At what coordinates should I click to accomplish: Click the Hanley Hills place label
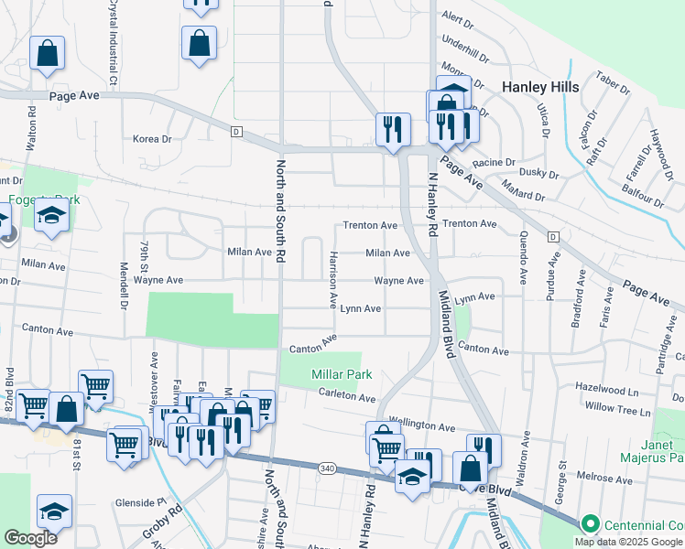[540, 87]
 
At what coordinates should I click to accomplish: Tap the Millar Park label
[341, 375]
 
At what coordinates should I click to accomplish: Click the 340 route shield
[327, 468]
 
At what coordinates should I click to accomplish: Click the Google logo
[30, 538]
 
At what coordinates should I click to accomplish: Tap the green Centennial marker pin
[590, 524]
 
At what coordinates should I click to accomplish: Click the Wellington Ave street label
[422, 426]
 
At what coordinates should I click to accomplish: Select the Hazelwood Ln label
[616, 389]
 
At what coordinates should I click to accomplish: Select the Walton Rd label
[31, 129]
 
